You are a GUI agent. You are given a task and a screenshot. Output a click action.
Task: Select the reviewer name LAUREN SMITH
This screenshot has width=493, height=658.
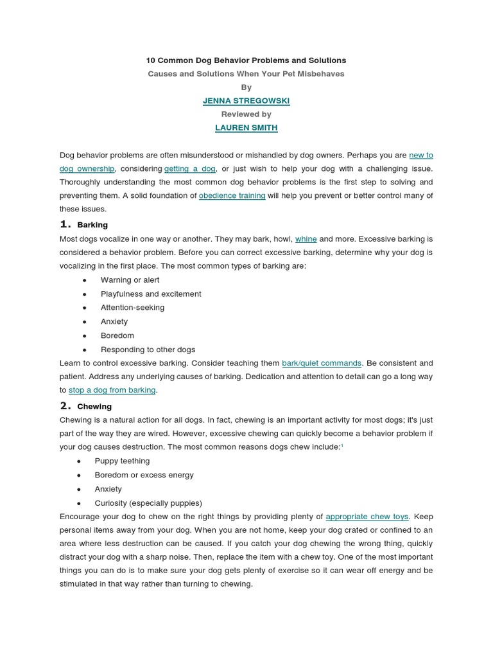pos(246,128)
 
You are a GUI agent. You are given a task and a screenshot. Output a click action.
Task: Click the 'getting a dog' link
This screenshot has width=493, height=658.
pos(189,168)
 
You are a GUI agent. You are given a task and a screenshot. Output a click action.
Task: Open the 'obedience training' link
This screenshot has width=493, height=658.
pos(232,195)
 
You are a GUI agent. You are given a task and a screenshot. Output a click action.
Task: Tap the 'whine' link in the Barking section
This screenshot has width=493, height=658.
pos(306,238)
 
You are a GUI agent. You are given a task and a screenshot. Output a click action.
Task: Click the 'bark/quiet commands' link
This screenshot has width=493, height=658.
pos(322,363)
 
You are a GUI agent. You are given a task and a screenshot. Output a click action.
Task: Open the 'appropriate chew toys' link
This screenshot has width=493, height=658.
pos(367,516)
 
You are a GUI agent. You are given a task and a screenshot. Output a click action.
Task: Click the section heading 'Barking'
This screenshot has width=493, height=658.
pos(92,225)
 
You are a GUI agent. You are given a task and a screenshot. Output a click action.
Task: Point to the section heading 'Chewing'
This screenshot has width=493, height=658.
pos(94,407)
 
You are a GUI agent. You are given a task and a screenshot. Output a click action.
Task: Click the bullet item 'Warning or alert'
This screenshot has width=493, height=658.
pos(130,280)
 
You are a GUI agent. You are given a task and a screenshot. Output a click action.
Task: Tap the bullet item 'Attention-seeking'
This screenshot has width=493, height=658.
pos(132,308)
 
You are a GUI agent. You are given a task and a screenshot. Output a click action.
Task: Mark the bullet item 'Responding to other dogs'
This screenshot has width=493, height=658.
pos(148,350)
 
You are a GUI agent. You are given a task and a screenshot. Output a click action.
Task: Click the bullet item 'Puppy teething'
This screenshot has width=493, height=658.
pos(122,461)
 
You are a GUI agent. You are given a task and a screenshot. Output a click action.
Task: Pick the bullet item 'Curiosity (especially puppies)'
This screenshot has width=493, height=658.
pos(148,503)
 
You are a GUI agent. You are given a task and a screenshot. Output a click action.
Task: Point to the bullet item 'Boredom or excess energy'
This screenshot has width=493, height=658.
pos(144,476)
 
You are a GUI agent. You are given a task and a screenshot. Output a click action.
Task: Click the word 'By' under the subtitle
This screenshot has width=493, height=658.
pos(246,87)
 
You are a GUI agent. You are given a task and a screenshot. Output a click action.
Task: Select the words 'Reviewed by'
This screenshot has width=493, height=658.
pos(246,114)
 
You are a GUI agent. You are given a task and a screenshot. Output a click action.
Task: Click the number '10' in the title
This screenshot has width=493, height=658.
pos(151,60)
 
